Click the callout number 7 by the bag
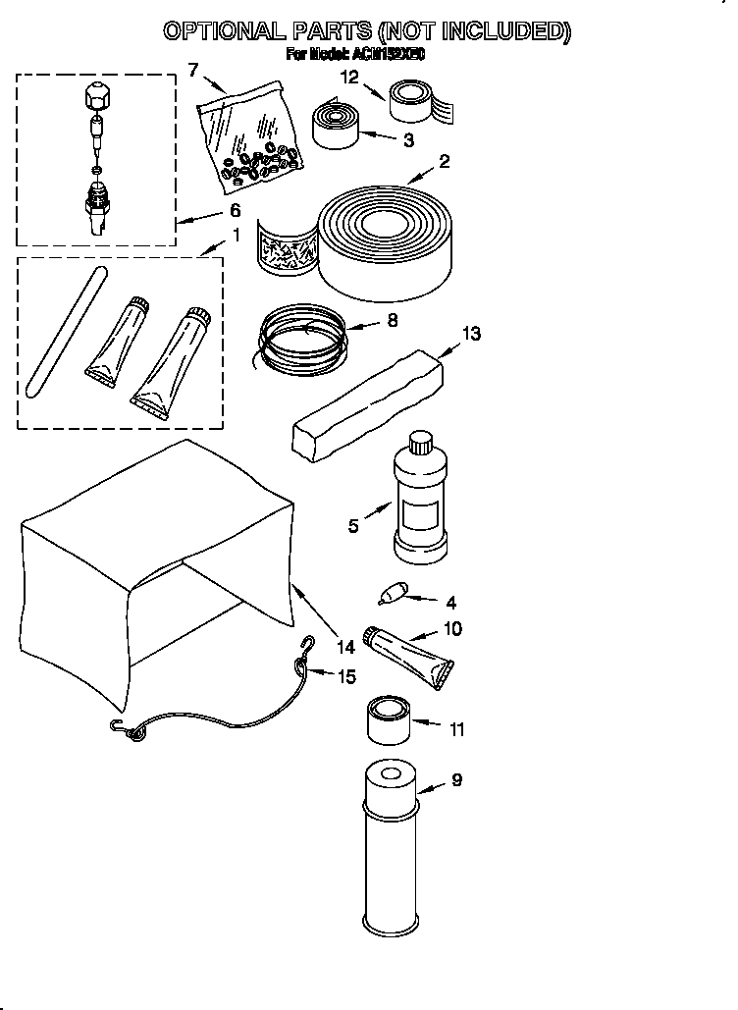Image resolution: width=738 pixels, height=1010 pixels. coord(192,69)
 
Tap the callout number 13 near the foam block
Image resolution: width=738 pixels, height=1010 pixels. coord(471,335)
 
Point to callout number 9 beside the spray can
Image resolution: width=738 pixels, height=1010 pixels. coord(456,781)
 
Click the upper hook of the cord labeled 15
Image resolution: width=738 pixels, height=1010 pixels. coord(307,644)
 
